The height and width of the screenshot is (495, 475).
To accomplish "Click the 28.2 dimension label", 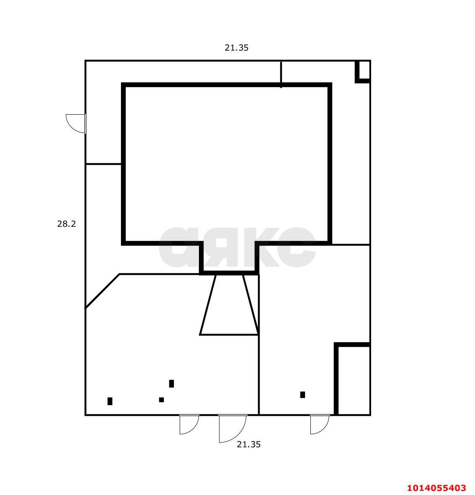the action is click(66, 224).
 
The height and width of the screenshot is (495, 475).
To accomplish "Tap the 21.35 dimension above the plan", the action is click(236, 48).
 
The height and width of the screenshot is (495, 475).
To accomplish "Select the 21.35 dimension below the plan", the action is click(249, 444).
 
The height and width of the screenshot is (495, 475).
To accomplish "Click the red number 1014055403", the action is click(436, 488).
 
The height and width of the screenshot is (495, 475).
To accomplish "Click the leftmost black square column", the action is click(110, 401).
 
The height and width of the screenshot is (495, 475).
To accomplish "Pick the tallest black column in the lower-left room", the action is click(171, 384).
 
